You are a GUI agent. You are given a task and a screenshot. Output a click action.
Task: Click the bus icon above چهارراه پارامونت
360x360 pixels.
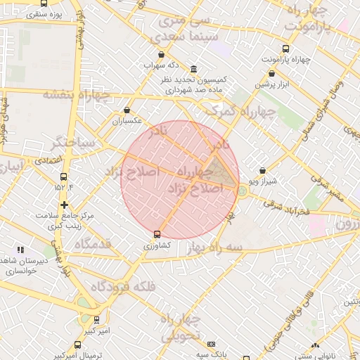(x=285, y=49)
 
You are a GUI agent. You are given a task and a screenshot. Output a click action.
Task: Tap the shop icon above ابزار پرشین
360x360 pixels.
(x=271, y=73)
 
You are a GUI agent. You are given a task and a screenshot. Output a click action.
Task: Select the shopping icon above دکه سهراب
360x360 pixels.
(x=162, y=54)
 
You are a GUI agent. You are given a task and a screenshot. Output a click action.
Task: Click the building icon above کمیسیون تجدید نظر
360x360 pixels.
(x=193, y=69)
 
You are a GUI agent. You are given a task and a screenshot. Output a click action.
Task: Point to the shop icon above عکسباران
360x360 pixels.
(x=127, y=110)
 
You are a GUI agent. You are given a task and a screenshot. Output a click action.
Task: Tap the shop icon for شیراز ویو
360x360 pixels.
(x=262, y=170)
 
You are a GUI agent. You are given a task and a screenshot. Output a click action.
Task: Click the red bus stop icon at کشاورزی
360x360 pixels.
(x=156, y=235)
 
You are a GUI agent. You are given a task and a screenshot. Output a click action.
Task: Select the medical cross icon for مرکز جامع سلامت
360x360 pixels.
(x=64, y=205)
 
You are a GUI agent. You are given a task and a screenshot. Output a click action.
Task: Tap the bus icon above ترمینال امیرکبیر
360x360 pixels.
(x=77, y=345)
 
